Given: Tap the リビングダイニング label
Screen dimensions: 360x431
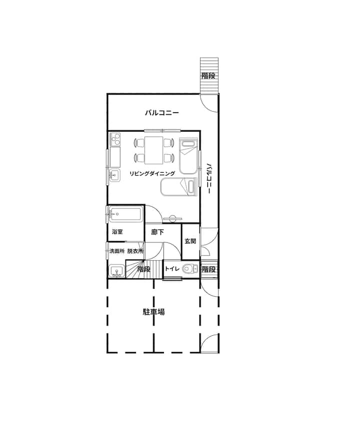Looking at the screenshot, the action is pos(152,174).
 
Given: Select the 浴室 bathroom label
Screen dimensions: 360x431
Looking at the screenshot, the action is pos(117,232).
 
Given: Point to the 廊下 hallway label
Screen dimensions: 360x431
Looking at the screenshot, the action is pos(157,232).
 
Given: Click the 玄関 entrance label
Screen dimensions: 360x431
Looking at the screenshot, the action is pos(190,241).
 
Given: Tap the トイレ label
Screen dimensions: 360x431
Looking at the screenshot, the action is pos(172,269).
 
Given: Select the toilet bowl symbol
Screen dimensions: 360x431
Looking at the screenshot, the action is pos(190,268).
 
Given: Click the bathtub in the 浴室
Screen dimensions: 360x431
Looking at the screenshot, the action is pos(125,215).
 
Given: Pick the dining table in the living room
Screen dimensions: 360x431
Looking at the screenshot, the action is pos(154,150).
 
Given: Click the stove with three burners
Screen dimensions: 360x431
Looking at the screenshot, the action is pos(115,139).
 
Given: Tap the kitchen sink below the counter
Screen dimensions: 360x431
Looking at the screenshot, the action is pos(115,175).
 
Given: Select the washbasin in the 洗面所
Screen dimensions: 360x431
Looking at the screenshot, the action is pos(116,271).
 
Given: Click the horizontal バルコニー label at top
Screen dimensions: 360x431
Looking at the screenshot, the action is pos(162,113).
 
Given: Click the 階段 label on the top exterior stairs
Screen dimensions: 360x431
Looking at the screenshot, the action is pos(208,76).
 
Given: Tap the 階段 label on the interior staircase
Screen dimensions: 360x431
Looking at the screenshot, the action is pos(144,269).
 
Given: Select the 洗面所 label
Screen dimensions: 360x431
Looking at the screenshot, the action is pos(117,251).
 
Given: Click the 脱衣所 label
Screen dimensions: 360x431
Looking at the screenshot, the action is pos(135,251).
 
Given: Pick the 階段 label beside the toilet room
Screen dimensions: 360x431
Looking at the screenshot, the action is pos(208,269).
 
